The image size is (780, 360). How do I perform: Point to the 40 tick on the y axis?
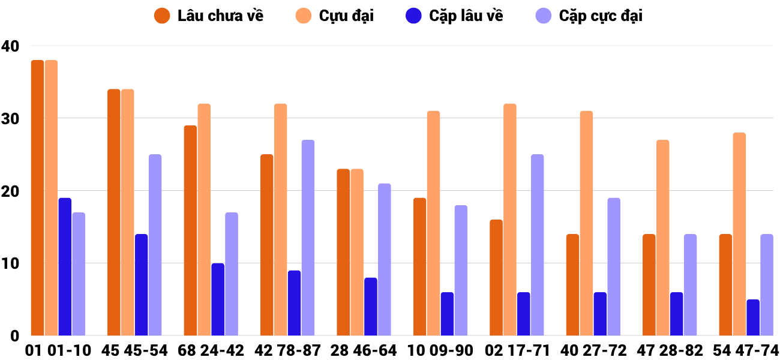click(x=10, y=46)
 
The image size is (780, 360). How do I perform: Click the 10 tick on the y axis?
click(x=10, y=263)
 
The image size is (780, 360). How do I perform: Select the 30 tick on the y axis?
click(x=10, y=118)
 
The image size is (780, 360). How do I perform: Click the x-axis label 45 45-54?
click(x=134, y=350)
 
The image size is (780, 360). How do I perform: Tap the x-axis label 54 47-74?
click(x=746, y=350)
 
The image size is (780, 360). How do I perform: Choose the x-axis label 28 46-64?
click(x=364, y=350)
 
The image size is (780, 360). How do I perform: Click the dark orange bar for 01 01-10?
click(x=37, y=198)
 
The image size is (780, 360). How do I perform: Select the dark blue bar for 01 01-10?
click(x=65, y=266)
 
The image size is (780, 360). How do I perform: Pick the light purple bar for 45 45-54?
click(x=155, y=245)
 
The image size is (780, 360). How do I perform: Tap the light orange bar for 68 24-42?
click(x=204, y=220)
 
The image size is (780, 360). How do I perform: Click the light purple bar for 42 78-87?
click(x=308, y=238)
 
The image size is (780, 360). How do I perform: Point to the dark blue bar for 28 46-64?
click(x=371, y=307)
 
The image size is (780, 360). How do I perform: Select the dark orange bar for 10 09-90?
click(x=420, y=266)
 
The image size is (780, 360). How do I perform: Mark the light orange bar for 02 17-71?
click(x=510, y=220)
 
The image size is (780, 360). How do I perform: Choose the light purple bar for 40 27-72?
click(x=614, y=266)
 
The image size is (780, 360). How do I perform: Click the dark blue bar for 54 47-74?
click(x=753, y=317)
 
